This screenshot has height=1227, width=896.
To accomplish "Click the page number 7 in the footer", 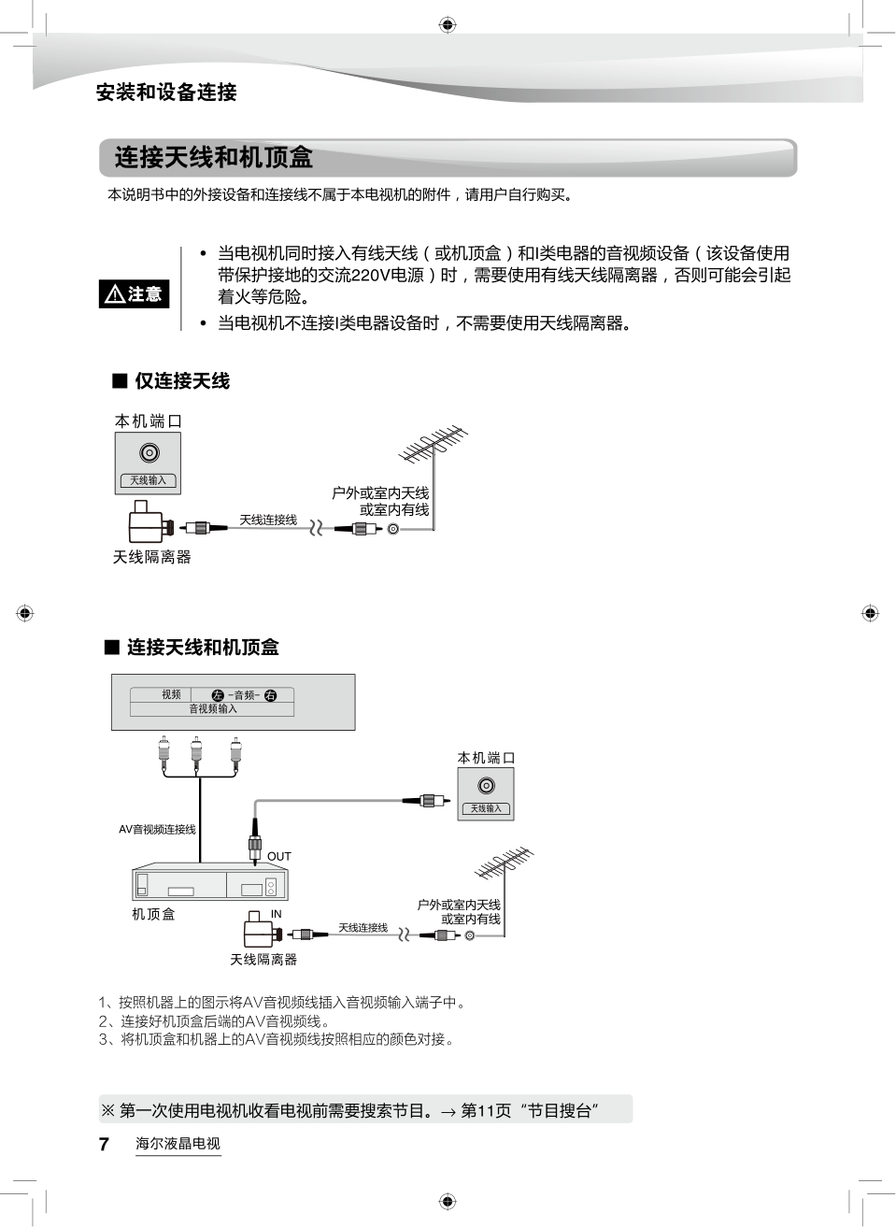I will click(104, 1144).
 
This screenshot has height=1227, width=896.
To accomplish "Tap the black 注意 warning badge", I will click(134, 294).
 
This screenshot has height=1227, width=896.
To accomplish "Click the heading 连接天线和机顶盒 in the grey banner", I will click(214, 157).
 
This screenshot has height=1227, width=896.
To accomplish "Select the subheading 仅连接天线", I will click(182, 381).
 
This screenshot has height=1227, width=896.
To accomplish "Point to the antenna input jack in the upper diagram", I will click(149, 453).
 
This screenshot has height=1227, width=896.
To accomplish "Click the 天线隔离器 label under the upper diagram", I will click(151, 557).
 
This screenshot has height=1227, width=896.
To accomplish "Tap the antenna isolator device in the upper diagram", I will click(147, 523).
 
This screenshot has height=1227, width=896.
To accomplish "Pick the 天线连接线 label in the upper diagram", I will click(268, 520).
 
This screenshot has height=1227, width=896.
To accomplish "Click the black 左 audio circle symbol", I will click(218, 695).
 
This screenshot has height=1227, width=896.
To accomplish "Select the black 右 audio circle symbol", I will click(271, 695).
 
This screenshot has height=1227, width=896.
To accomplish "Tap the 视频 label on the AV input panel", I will click(171, 694).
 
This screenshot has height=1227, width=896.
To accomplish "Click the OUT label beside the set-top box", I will click(279, 856).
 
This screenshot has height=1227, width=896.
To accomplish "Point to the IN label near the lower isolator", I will click(277, 914).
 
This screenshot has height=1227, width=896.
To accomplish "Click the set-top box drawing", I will click(209, 882).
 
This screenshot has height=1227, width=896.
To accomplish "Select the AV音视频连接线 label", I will click(157, 829).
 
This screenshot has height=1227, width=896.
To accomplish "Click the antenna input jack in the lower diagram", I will click(486, 786).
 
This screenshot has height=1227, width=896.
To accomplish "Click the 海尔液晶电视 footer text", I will click(178, 1144).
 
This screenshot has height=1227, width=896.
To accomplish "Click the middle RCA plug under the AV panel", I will click(196, 752).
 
